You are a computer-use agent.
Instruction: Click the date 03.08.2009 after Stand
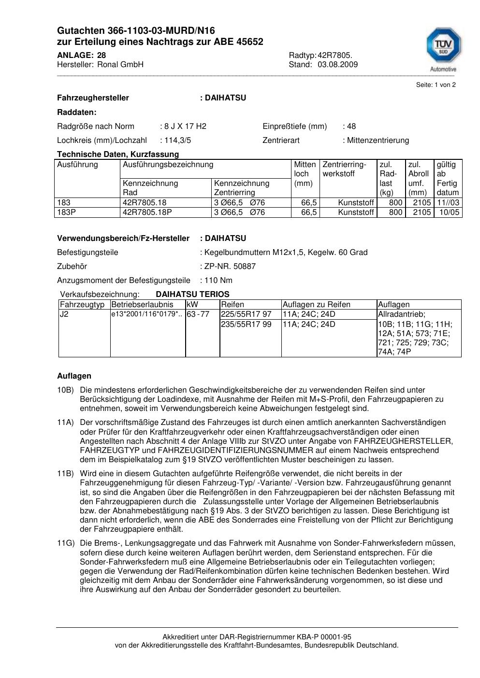click(337, 64)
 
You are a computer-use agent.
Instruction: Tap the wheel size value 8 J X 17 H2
click(185, 126)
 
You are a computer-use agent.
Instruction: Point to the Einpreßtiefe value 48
click(351, 126)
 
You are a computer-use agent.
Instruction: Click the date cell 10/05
click(450, 212)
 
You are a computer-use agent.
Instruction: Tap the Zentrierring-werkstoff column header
click(344, 169)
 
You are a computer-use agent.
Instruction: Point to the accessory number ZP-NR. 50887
click(230, 266)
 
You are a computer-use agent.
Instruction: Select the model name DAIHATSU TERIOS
click(192, 294)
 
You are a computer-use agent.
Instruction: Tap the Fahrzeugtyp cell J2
click(64, 314)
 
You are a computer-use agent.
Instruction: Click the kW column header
click(192, 304)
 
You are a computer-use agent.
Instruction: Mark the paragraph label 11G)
click(65, 543)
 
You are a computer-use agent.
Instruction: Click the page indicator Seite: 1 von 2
click(436, 85)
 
